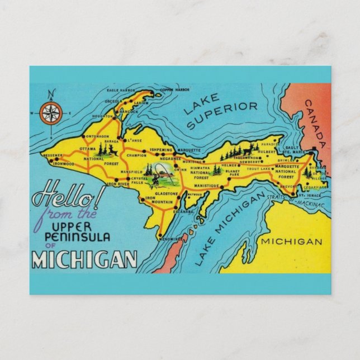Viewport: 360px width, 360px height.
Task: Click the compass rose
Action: pyautogui.click(x=50, y=115)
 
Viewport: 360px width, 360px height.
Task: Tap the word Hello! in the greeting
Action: pyautogui.click(x=60, y=198)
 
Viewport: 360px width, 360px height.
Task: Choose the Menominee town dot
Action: pyautogui.click(x=160, y=235)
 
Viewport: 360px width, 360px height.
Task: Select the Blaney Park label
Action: pyautogui.click(x=233, y=173)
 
